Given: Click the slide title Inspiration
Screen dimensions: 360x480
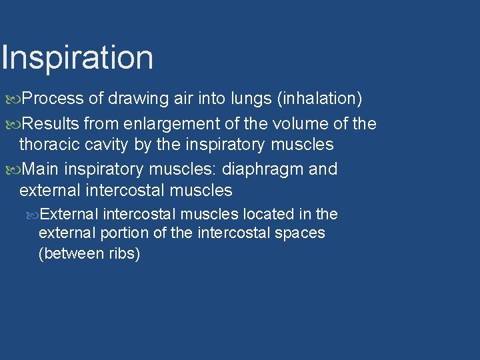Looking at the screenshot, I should (77, 58).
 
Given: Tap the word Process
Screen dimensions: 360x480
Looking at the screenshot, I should (53, 99).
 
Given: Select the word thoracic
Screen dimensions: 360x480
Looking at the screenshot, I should (49, 144).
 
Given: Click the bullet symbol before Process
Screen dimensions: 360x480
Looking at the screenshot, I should (14, 99).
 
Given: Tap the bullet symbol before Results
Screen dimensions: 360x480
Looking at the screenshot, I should (14, 124).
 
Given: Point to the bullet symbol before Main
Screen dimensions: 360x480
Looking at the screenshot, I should (14, 170).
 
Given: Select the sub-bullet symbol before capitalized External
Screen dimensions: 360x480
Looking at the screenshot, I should (34, 215).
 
